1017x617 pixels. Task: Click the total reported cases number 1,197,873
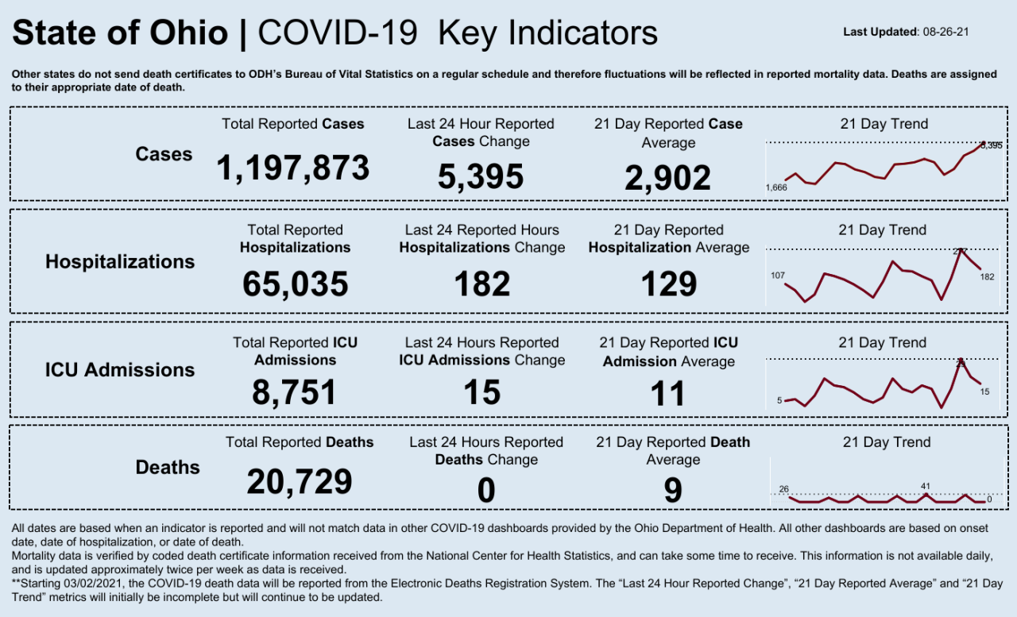click(x=293, y=168)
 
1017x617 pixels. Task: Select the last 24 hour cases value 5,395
click(x=480, y=176)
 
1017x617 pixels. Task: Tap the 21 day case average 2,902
click(x=667, y=178)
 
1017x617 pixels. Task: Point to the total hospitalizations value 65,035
click(x=295, y=283)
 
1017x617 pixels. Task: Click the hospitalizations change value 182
click(x=481, y=283)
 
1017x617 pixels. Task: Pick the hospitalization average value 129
click(x=668, y=283)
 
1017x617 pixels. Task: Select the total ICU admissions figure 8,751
click(x=295, y=392)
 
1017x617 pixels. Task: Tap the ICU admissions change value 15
click(x=481, y=392)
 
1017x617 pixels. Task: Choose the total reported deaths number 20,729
click(x=299, y=481)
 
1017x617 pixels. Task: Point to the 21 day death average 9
click(x=672, y=491)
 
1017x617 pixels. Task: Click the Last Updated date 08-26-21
click(x=949, y=33)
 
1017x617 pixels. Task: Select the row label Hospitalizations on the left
click(x=120, y=261)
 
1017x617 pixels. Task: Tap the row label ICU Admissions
click(x=120, y=369)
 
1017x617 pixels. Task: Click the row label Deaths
click(x=168, y=467)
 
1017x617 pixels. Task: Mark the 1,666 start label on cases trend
click(x=776, y=187)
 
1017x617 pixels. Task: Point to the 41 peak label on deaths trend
click(x=926, y=486)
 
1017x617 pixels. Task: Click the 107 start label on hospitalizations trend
click(x=778, y=276)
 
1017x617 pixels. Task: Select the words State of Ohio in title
click(x=120, y=33)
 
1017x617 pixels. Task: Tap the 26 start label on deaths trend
click(x=784, y=488)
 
